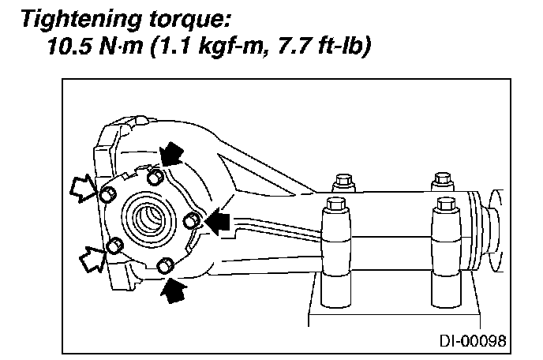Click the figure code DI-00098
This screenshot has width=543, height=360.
pyautogui.click(x=470, y=340)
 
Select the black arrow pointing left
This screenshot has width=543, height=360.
pyautogui.click(x=223, y=223)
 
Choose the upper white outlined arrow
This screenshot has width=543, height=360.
pyautogui.click(x=81, y=189)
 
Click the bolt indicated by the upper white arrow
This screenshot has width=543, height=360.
pyautogui.click(x=109, y=195)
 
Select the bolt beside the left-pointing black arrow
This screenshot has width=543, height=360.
pyautogui.click(x=192, y=223)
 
